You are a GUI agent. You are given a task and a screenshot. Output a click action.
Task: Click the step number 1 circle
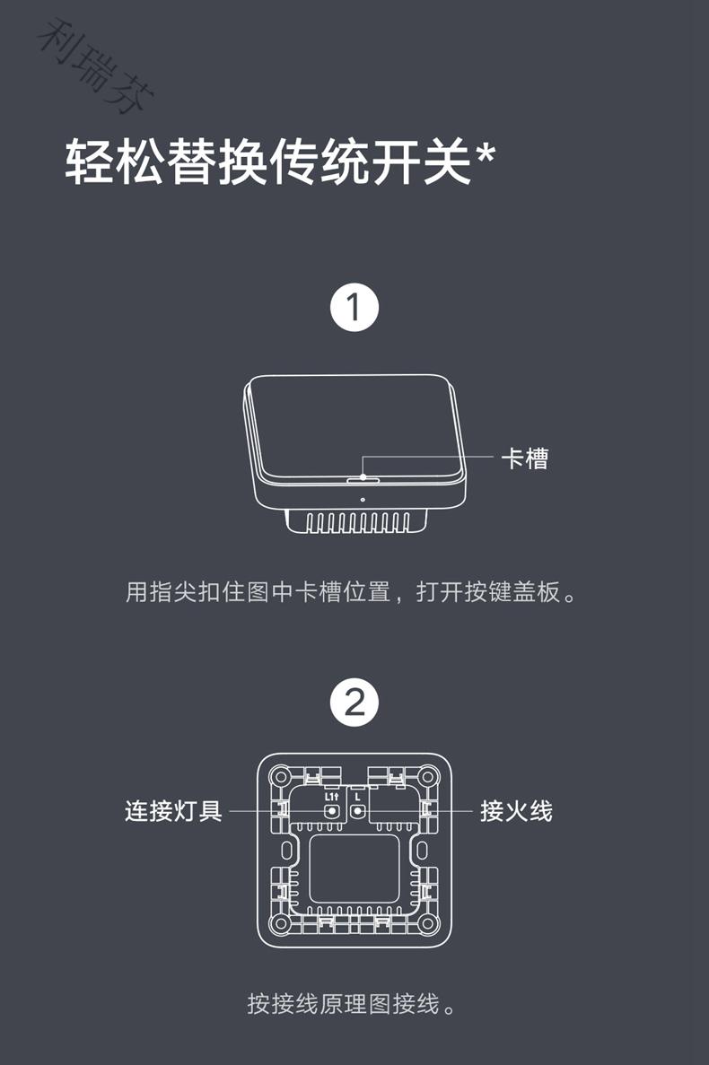(x=354, y=308)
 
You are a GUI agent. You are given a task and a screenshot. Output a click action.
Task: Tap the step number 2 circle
(x=354, y=703)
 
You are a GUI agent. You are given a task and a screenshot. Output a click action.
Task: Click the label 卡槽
(x=524, y=458)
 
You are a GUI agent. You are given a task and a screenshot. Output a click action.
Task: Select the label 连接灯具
(x=173, y=811)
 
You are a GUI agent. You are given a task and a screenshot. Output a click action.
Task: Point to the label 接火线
(x=516, y=811)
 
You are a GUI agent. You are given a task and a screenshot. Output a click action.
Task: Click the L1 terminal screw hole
(x=331, y=811)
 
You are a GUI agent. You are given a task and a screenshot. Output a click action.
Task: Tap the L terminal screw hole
(x=357, y=811)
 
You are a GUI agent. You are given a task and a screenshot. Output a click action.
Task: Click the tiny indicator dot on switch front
(x=362, y=500)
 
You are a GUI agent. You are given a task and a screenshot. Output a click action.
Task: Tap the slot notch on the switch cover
(x=362, y=480)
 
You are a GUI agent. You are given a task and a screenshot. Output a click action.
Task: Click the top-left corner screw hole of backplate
(x=281, y=776)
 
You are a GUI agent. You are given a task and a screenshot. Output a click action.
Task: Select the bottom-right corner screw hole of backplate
(x=428, y=922)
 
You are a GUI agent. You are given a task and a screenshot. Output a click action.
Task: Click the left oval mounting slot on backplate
(x=286, y=849)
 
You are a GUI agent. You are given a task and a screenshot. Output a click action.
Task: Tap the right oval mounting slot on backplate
(x=423, y=849)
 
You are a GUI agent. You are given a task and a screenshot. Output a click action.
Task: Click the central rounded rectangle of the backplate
(x=354, y=870)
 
